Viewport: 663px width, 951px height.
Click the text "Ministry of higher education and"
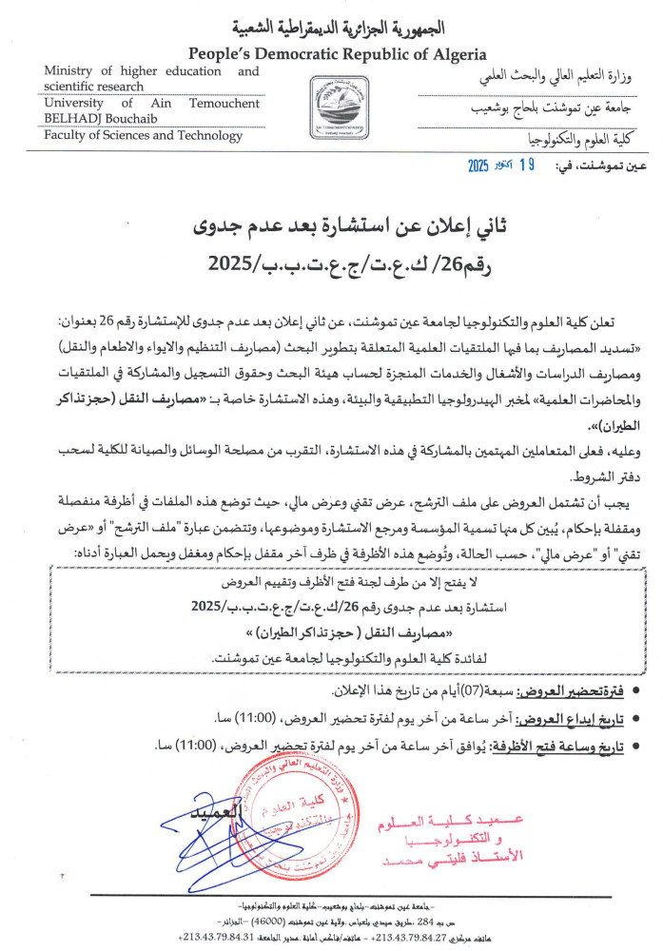point(151,71)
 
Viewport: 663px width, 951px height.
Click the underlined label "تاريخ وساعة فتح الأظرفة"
point(582,745)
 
